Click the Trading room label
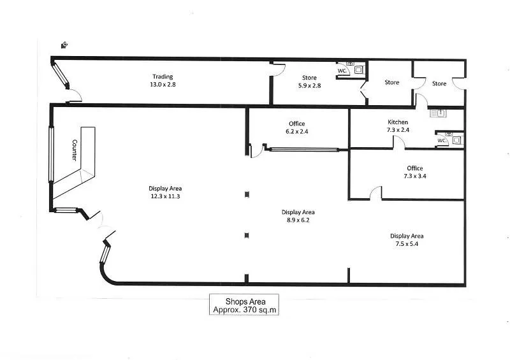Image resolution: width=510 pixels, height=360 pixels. tap(162, 77)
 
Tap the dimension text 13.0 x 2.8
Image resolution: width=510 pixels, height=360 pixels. tap(162, 84)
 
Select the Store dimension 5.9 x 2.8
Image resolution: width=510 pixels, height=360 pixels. tap(309, 85)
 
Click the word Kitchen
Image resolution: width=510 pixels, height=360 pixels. tap(398, 122)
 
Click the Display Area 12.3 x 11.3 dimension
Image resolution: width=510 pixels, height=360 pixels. tap(165, 196)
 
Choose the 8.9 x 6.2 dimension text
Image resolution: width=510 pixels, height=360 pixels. tap(298, 220)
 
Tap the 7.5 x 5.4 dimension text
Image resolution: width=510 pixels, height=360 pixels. tap(407, 244)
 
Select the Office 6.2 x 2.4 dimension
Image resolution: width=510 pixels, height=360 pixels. tap(296, 131)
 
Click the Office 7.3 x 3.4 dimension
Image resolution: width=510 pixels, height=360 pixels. tap(415, 176)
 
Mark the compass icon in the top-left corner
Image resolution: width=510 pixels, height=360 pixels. tap(64, 45)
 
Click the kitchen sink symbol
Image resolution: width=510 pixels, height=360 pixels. tap(440, 113)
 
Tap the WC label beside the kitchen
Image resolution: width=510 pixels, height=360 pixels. tap(441, 140)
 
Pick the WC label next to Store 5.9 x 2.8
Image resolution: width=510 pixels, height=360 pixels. tap(342, 71)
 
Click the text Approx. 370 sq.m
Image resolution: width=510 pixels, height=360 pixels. tap(245, 310)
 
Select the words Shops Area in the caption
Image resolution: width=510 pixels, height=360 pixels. tap(245, 301)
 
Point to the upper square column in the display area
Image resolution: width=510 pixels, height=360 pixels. tap(247, 195)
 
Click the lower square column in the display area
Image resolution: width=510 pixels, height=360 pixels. tap(247, 236)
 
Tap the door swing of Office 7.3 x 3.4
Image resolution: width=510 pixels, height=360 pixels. tap(375, 193)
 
